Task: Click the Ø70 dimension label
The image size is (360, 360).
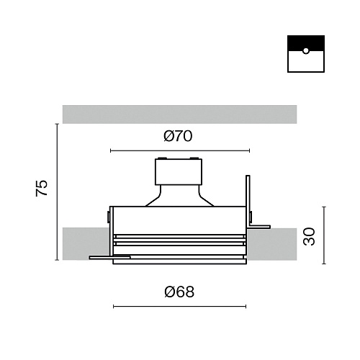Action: click(178, 136)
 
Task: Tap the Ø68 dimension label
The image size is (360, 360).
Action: click(179, 292)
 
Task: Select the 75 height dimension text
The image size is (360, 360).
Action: click(42, 188)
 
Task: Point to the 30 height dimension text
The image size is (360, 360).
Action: click(309, 236)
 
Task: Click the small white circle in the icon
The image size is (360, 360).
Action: click(306, 50)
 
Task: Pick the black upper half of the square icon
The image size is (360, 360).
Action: click(306, 43)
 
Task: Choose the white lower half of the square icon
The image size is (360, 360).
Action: click(306, 61)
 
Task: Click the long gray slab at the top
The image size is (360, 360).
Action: click(179, 114)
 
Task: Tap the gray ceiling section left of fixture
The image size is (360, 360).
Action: click(86, 243)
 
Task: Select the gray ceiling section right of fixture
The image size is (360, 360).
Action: click(272, 244)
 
